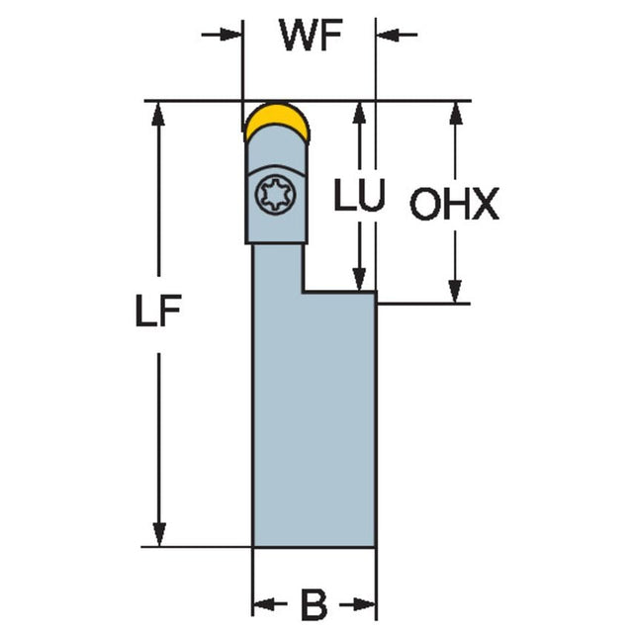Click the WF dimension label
309,36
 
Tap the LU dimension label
357,198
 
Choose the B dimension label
314,603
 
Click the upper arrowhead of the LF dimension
158,112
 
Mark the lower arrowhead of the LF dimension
158,535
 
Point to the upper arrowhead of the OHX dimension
455,112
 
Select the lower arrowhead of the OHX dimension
455,293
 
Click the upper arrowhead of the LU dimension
363,112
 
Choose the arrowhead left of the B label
264,603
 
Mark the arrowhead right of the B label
367,603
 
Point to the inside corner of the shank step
304,291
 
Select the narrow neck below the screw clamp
278,267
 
